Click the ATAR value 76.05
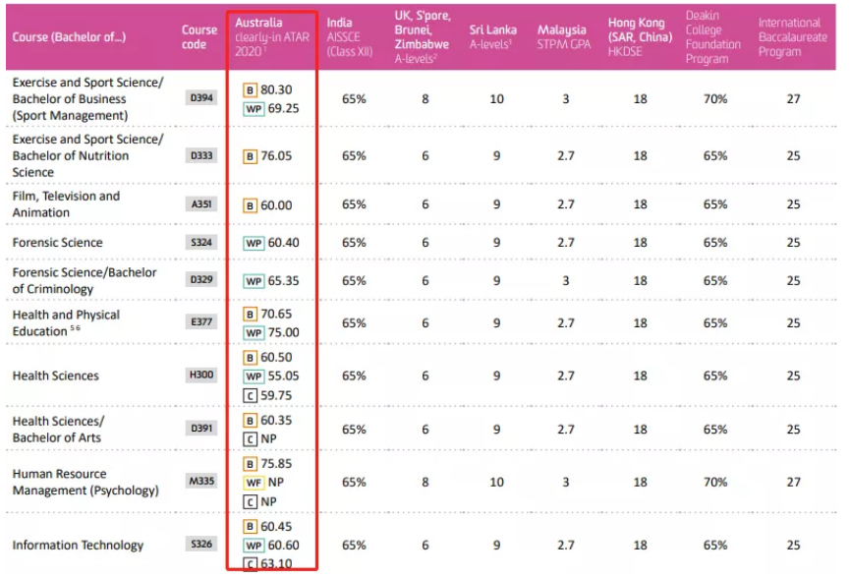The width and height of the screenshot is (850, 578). tap(276, 155)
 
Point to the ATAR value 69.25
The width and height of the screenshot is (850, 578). tap(280, 108)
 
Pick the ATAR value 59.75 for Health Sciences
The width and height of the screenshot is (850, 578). tap(276, 395)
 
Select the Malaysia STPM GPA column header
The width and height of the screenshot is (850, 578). tap(564, 36)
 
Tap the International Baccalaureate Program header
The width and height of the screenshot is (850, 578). tap(792, 36)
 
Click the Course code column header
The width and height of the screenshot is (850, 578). tap(198, 36)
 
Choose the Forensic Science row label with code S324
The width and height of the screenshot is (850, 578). tap(57, 242)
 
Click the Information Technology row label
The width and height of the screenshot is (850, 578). tap(78, 545)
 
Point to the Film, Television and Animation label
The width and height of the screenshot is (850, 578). tap(66, 204)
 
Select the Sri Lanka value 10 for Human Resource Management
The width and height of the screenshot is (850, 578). tap(496, 483)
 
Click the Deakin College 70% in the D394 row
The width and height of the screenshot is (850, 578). tap(715, 98)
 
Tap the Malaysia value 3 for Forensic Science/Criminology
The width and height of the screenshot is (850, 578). tap(565, 280)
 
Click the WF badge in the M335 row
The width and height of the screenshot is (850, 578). tap(254, 484)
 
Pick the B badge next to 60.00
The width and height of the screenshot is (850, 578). tap(250, 204)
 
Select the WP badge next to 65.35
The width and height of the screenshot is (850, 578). tap(254, 281)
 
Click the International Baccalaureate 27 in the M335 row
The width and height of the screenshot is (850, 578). tap(793, 483)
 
